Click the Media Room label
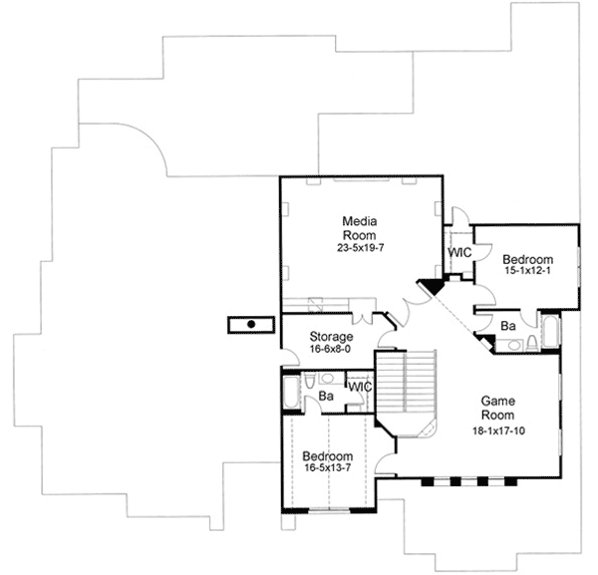click(358, 227)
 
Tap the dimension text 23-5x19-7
click(358, 247)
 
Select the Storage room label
click(331, 337)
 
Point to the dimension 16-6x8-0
click(331, 350)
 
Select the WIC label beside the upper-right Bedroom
click(459, 253)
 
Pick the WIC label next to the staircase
click(359, 387)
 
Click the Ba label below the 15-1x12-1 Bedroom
click(507, 326)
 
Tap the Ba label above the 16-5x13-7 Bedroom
click(325, 398)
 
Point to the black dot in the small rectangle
click(251, 324)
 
